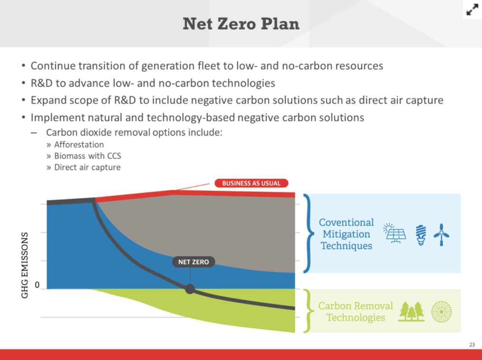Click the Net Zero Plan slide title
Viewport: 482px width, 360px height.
point(241,24)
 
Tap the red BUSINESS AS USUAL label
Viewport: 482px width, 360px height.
point(251,183)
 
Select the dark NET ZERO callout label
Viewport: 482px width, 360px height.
point(193,262)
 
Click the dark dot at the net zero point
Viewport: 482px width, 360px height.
point(190,289)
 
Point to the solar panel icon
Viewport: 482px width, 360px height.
point(395,234)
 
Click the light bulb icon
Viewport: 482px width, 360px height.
point(421,235)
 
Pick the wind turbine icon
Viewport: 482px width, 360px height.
point(442,235)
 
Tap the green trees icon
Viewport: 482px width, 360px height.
point(411,311)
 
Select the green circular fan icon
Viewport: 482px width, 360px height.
point(442,312)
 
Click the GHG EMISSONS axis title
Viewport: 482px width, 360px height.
point(25,265)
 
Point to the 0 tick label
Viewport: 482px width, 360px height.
point(37,285)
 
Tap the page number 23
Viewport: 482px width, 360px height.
point(472,345)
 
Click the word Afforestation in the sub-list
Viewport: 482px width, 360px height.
point(79,145)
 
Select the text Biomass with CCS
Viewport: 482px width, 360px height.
point(87,156)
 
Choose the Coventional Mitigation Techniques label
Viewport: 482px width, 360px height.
point(347,234)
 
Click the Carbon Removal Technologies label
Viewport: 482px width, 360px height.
point(356,312)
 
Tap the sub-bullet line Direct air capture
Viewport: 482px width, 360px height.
point(87,167)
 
